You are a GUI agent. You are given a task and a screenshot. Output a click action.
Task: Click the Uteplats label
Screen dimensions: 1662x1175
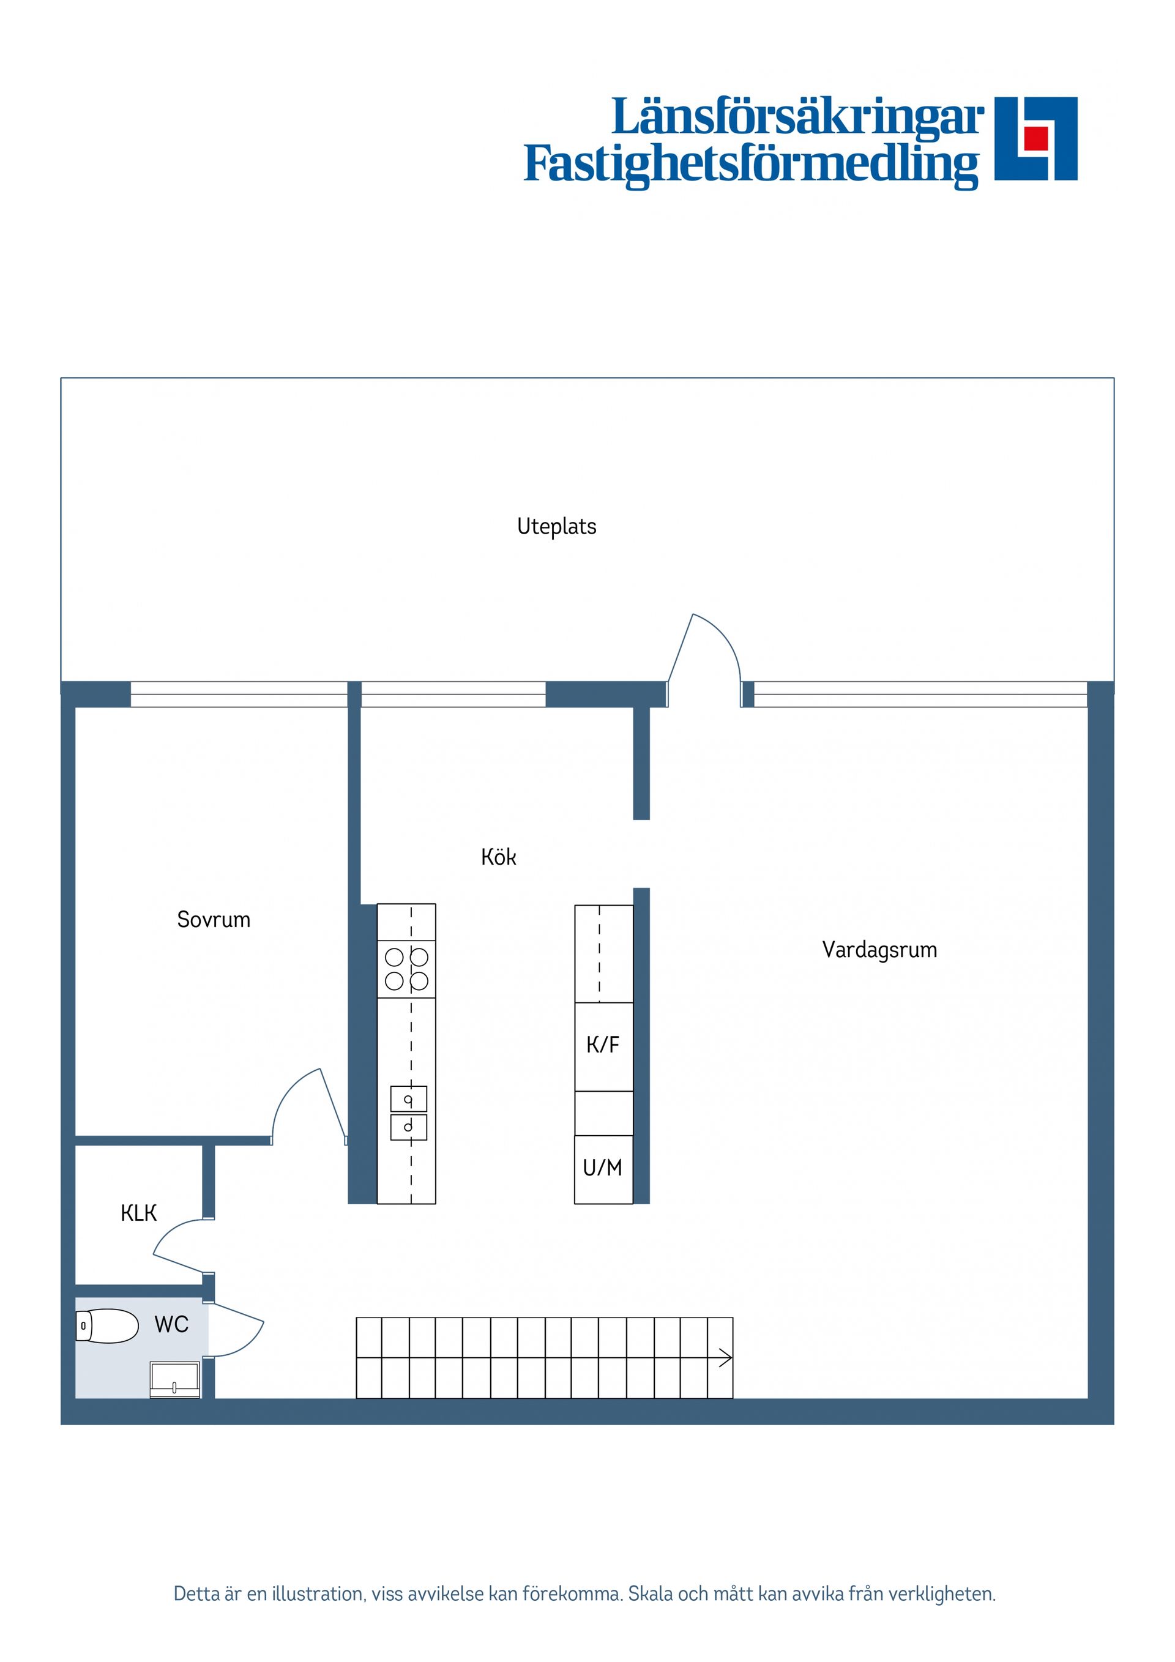pyautogui.click(x=556, y=526)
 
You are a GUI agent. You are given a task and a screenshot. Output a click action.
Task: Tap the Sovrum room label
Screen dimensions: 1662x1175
pyautogui.click(x=214, y=919)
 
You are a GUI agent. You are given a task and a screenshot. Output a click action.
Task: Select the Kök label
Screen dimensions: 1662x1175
pyautogui.click(x=498, y=857)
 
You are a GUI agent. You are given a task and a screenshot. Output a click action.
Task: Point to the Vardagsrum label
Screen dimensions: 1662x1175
pyautogui.click(x=879, y=950)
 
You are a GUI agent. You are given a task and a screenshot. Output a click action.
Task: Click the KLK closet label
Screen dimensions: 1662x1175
pyautogui.click(x=138, y=1212)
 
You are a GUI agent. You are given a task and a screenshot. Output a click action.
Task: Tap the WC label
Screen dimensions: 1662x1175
pyautogui.click(x=171, y=1324)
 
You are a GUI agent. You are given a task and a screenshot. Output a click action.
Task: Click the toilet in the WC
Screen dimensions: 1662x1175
pyautogui.click(x=108, y=1326)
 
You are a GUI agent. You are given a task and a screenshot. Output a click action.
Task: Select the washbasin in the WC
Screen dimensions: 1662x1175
pyautogui.click(x=174, y=1379)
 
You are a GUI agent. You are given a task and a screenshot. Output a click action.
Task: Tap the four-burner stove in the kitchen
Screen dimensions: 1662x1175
pyautogui.click(x=406, y=969)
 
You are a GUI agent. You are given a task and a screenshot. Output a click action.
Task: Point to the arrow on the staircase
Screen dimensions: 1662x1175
pyautogui.click(x=725, y=1358)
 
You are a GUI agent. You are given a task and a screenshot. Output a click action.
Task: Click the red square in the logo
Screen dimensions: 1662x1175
pyautogui.click(x=1036, y=138)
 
